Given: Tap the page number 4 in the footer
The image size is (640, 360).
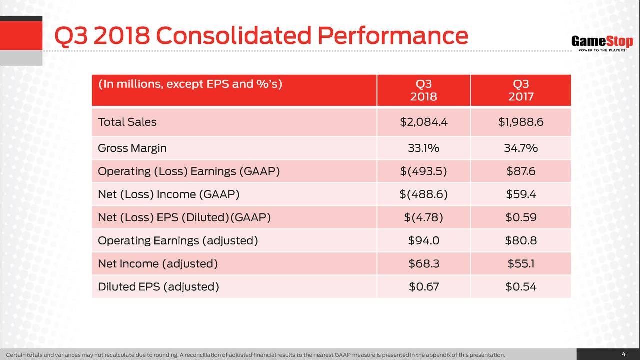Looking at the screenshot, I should coord(623,354).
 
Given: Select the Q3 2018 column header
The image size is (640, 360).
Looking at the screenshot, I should coord(423,90).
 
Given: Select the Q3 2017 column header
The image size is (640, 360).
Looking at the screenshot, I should coord(521,90).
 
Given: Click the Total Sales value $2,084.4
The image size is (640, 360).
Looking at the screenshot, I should coord(423,122).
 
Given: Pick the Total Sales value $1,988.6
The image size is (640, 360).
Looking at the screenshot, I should coord(521,122).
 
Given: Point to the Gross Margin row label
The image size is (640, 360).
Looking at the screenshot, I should coord(132,148).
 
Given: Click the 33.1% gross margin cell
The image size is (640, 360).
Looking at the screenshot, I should coord(423,148).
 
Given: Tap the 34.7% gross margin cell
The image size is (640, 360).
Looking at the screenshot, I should coord(521,148).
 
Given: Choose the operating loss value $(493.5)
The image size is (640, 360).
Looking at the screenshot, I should coord(423,172).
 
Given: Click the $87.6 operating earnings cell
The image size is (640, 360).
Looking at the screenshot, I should coord(521,172).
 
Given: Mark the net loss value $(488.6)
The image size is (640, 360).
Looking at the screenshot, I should coord(423,195).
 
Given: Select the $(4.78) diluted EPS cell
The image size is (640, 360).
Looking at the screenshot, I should coord(423,218).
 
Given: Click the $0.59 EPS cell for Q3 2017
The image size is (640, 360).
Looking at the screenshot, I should coord(521,218).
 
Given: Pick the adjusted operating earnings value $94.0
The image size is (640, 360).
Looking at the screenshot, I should coord(423,241).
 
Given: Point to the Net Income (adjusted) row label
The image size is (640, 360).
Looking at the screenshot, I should coord(158,264).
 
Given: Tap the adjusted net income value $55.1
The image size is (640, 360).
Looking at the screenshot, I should coord(521,264).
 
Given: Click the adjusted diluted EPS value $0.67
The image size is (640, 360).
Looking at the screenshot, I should coord(423,287).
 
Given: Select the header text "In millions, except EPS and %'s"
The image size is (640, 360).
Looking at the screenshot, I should coord(190,84).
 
